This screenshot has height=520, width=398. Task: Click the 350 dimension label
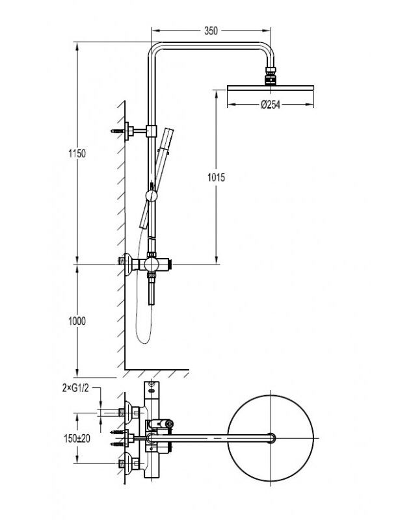pos(211,31)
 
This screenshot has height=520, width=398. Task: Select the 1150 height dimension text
pos(77,154)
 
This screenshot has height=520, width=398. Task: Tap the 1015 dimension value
pos(217,177)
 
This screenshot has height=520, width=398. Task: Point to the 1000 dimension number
pos(77,321)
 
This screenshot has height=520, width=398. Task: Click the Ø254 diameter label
pos(271,105)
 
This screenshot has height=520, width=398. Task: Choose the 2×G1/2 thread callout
pos(75,388)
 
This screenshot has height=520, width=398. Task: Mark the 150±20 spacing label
pos(77,438)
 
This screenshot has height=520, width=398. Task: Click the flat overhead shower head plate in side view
pos(271,88)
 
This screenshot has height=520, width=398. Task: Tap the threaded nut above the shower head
pos(271,70)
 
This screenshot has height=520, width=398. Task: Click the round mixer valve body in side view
pos(152,265)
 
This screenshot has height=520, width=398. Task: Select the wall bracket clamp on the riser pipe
pos(152,131)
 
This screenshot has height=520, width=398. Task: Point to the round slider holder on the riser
pos(152,196)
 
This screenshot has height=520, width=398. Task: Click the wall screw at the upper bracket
pos(117,131)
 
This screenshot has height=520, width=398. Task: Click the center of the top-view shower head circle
pos(271,437)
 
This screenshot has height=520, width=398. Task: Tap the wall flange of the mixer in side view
pos(128,265)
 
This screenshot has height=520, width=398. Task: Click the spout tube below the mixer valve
pos(152,291)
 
